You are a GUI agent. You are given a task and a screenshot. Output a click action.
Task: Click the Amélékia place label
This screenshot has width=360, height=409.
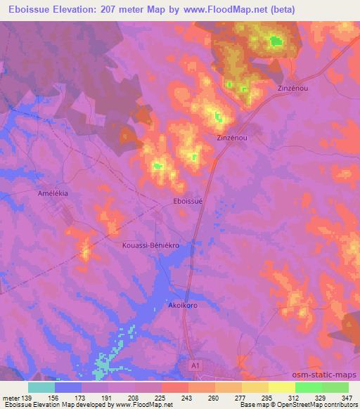point(55,192)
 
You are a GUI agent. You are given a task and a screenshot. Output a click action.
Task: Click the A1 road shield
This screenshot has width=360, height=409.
point(198,365)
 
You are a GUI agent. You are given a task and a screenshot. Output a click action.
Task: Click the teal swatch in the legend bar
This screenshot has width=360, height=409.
point(41,387)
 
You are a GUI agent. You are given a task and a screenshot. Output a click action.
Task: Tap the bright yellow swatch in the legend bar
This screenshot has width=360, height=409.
point(281,387)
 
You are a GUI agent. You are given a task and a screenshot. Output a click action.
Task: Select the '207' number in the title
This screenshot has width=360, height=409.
point(118,9)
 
